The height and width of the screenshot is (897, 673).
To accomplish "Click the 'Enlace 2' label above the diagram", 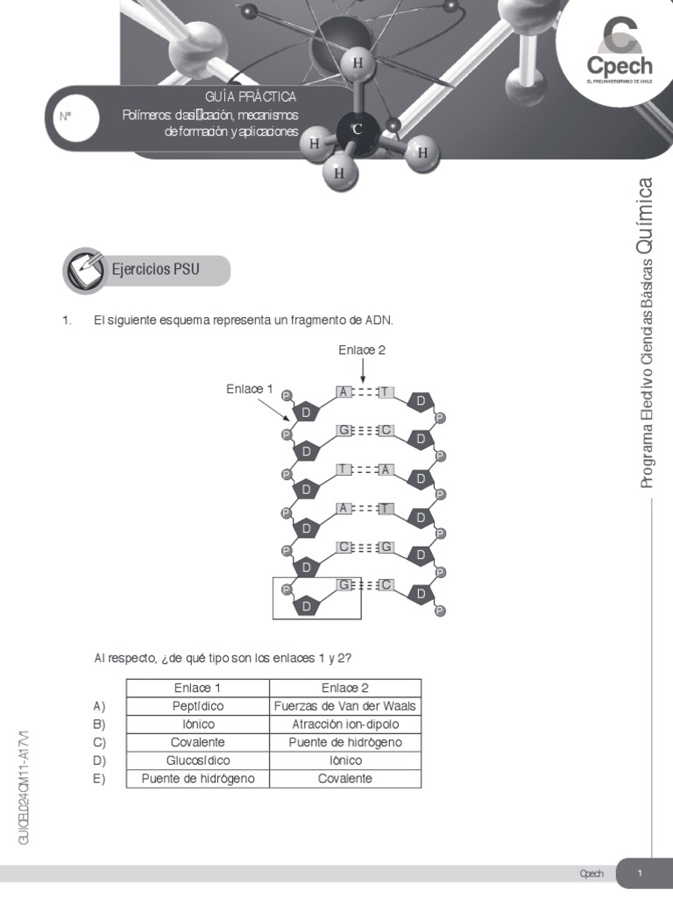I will click(362, 350).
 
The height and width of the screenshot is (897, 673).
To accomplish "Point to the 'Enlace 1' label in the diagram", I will click(250, 389).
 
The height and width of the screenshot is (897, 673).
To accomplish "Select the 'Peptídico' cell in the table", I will click(198, 706).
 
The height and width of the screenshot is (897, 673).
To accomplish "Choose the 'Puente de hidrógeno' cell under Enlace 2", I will click(345, 742).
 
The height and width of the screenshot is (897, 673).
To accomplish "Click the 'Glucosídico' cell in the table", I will click(198, 760).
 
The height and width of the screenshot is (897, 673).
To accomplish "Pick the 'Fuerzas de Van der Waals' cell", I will click(345, 706).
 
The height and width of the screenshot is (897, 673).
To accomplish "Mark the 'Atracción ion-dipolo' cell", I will click(345, 724).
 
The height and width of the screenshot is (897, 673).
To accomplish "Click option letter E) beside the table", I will click(99, 778).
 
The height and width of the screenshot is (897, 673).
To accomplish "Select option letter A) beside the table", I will click(99, 706).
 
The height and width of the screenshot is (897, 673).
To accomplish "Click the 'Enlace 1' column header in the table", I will click(198, 688).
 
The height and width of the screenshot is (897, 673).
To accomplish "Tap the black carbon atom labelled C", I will click(357, 130).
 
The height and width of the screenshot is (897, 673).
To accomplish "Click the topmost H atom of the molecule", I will click(357, 63).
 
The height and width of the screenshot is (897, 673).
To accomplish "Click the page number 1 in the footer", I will click(641, 873).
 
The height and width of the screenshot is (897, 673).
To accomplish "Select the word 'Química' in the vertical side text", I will click(647, 214).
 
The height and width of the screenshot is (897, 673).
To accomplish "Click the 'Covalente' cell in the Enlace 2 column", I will click(345, 778).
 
